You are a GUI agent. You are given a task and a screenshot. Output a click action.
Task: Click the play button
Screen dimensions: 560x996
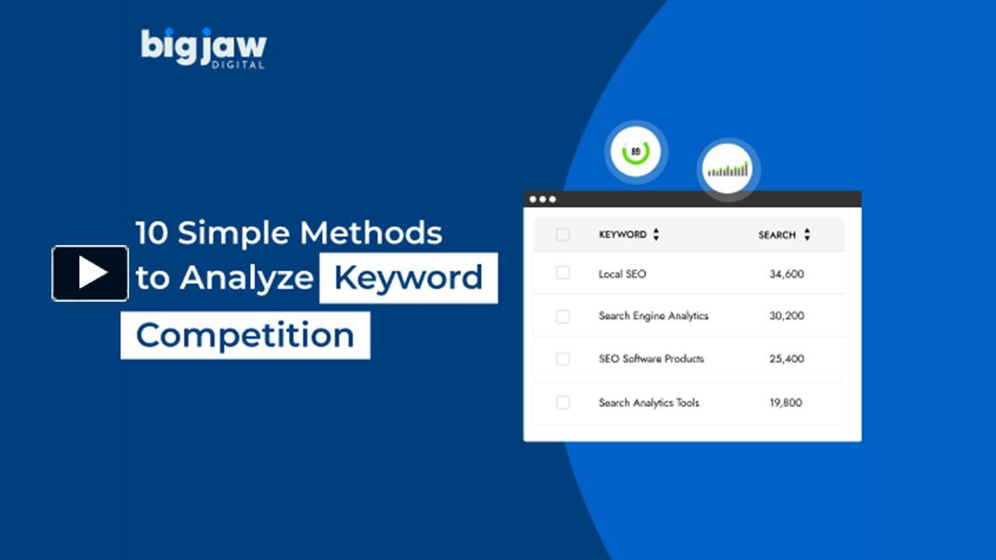(90, 273)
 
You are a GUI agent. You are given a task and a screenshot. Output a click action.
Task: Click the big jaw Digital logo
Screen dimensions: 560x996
(203, 48)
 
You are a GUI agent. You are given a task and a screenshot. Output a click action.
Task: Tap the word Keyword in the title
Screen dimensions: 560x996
(409, 278)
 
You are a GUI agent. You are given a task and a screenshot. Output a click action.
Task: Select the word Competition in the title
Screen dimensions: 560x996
(245, 335)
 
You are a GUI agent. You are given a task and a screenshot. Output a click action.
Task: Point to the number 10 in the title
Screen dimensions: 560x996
(152, 233)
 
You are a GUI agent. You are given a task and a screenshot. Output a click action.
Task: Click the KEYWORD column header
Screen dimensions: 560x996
(622, 234)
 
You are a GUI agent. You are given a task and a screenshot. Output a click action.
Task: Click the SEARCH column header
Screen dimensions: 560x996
(777, 235)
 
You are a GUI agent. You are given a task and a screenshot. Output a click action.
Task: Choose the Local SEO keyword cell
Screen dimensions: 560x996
(622, 274)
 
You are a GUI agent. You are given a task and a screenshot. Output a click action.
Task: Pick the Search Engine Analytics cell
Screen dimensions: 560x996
(653, 316)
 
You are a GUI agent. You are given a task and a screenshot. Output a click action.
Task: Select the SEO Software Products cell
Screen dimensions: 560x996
(651, 359)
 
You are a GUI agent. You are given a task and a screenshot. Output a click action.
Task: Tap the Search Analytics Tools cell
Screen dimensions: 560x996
(648, 402)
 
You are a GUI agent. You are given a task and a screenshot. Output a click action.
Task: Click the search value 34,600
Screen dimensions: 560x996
(786, 274)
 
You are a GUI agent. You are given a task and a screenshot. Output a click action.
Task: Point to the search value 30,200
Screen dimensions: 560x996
(786, 316)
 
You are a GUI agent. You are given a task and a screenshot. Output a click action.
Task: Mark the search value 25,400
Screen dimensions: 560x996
(786, 359)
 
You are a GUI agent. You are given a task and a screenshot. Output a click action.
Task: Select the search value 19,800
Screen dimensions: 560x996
(786, 402)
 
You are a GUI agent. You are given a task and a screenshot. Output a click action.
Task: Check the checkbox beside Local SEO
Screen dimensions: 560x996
(563, 273)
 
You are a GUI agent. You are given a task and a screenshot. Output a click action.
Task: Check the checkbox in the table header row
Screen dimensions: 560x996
(563, 234)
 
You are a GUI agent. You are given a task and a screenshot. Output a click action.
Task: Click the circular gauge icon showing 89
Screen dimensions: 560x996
(636, 152)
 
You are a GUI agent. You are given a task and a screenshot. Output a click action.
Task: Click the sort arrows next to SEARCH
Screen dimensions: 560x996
(807, 234)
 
